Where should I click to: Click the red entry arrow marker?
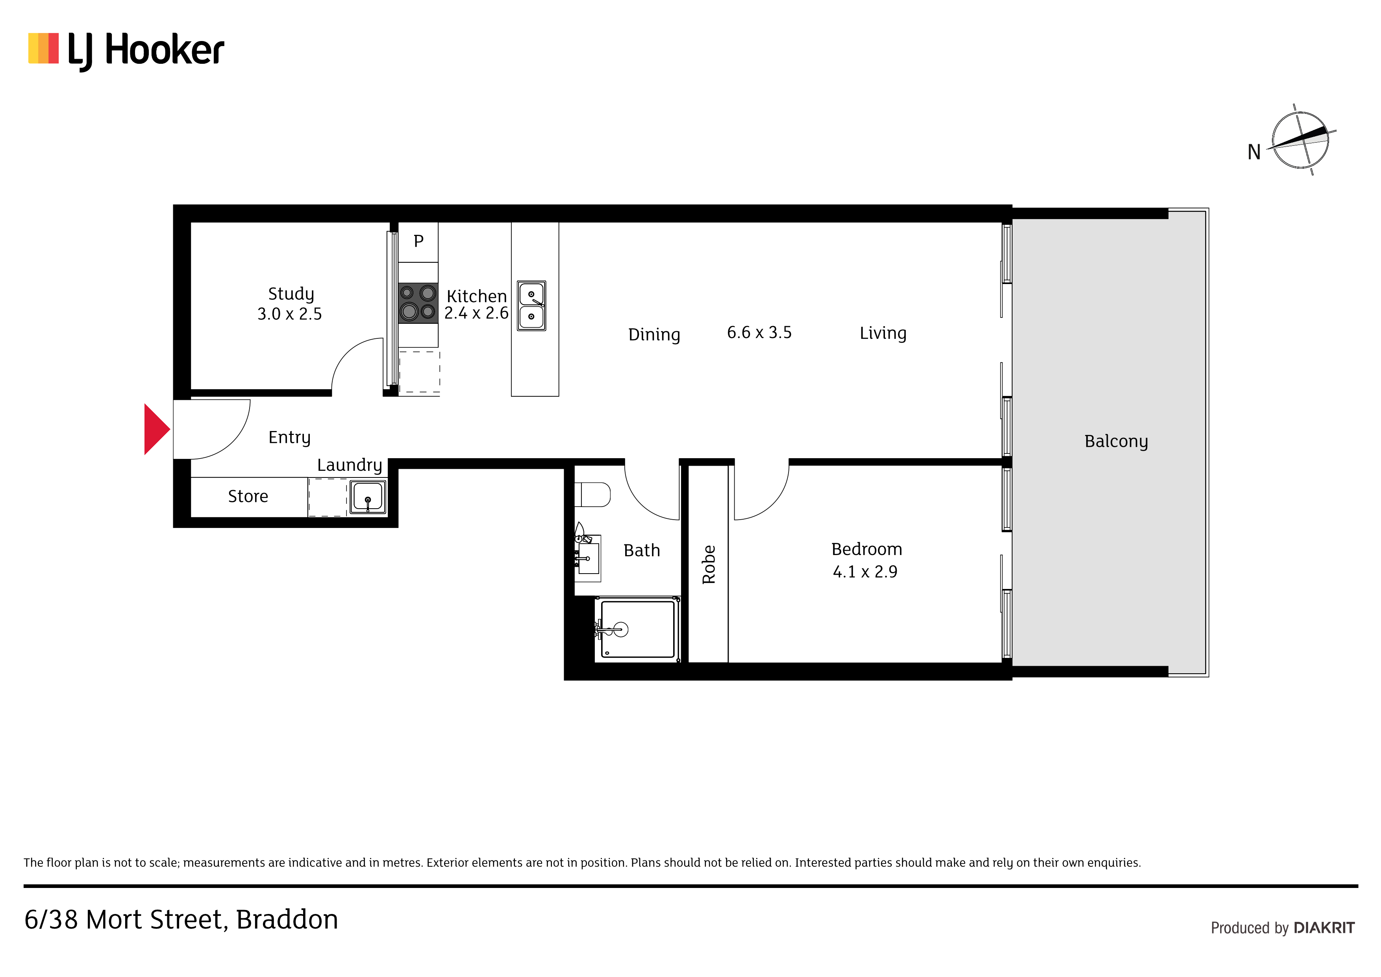pyautogui.click(x=156, y=429)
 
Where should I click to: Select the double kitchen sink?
pyautogui.click(x=532, y=306)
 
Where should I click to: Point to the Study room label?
pyautogui.click(x=291, y=294)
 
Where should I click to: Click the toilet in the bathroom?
pyautogui.click(x=592, y=495)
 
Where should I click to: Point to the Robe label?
pyautogui.click(x=709, y=565)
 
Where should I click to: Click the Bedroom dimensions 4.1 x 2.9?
pyautogui.click(x=865, y=572)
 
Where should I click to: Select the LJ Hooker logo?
pyautogui.click(x=126, y=50)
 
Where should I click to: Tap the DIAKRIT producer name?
pyautogui.click(x=1324, y=928)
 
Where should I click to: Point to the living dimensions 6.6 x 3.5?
pyautogui.click(x=759, y=333)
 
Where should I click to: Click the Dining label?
pyautogui.click(x=654, y=335)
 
